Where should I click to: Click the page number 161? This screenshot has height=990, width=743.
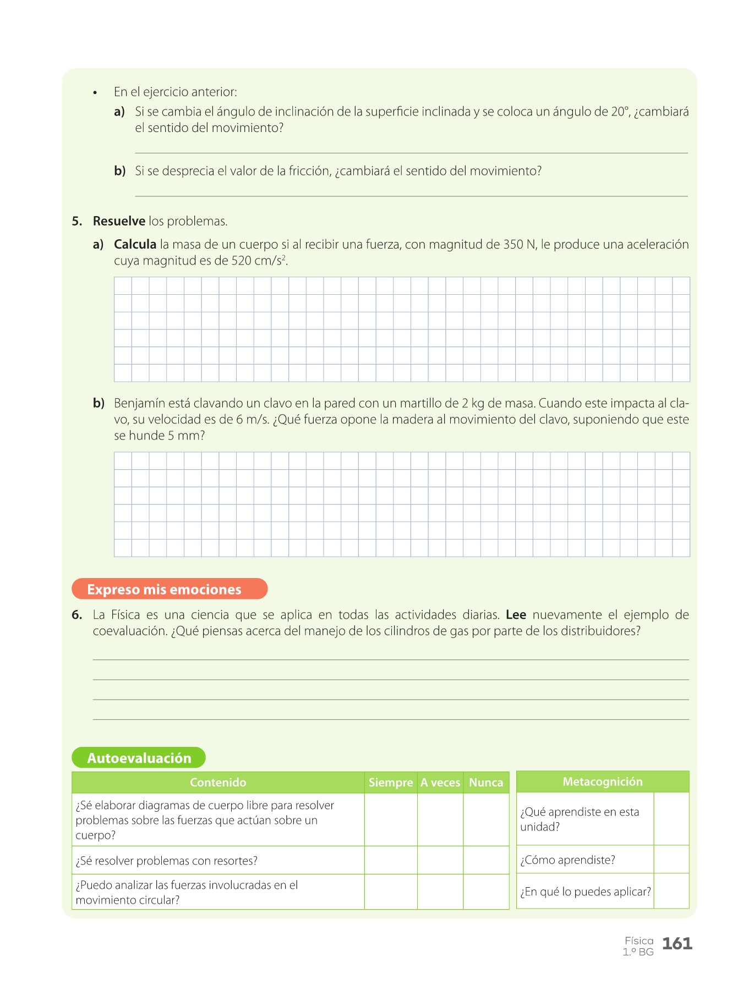[676, 944]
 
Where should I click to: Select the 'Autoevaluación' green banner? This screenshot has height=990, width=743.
[139, 758]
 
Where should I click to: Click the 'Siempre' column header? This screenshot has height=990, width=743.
[391, 782]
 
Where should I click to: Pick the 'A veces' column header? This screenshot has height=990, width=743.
[440, 782]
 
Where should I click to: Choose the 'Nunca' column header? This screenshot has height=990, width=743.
[486, 782]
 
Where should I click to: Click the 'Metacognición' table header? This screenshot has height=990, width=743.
[602, 782]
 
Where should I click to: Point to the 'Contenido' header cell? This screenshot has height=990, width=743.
[218, 782]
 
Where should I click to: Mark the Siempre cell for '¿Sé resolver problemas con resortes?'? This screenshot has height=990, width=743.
[391, 860]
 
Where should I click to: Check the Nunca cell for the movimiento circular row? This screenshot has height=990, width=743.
[486, 892]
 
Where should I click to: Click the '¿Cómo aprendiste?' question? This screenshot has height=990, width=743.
[567, 860]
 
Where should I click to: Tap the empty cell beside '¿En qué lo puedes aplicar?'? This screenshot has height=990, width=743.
[671, 891]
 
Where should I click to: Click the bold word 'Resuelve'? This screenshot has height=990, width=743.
[119, 221]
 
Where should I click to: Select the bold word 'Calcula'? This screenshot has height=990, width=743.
[135, 244]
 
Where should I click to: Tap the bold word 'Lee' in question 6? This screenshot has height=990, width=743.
[516, 614]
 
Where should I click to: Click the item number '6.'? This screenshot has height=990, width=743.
[77, 615]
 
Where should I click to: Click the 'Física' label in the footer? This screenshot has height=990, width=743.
[639, 941]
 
